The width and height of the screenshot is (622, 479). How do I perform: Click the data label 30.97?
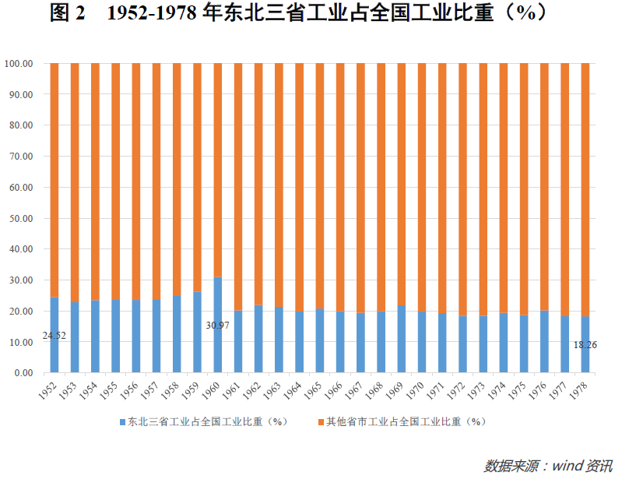pyautogui.click(x=217, y=325)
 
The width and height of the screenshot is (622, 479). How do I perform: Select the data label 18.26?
pyautogui.click(x=585, y=344)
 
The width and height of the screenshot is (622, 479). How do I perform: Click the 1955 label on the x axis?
pyautogui.click(x=111, y=389)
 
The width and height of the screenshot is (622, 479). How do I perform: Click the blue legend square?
pyautogui.click(x=121, y=422)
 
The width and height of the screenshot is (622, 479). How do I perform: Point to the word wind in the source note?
pyautogui.click(x=570, y=466)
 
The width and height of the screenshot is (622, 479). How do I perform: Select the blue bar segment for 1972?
pyautogui.click(x=462, y=344)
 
